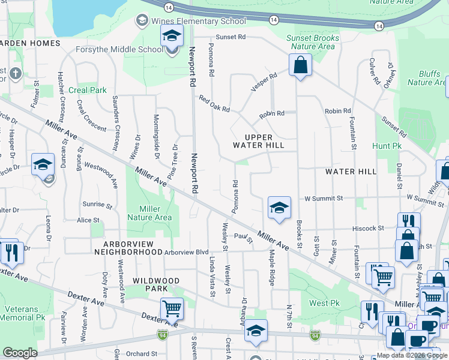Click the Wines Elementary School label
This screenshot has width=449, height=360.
199,21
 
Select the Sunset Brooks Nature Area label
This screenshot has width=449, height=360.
313,42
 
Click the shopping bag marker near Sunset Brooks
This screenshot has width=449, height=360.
300,65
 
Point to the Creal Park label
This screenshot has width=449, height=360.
88,90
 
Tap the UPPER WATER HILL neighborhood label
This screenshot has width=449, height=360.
259,141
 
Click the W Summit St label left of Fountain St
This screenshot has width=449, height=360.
324,197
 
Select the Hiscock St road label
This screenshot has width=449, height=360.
368,228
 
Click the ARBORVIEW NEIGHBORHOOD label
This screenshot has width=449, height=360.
124,248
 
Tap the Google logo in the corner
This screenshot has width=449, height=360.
20,352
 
